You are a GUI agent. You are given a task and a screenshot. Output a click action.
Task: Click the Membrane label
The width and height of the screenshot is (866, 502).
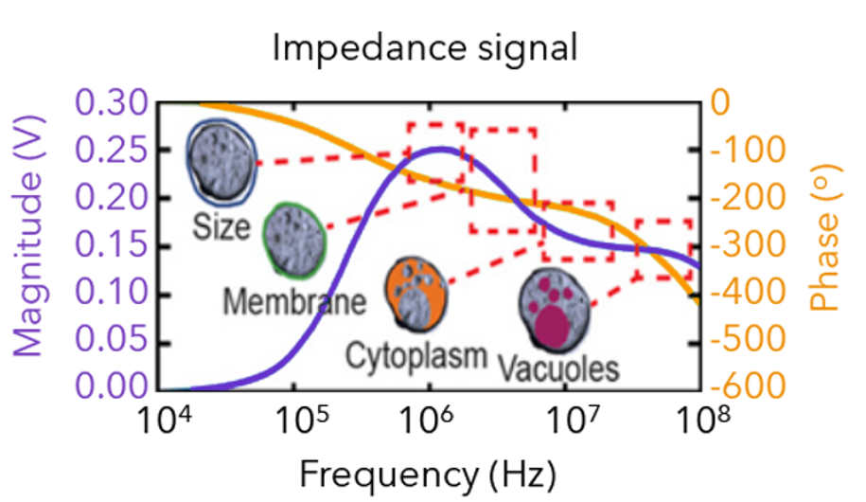294,302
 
